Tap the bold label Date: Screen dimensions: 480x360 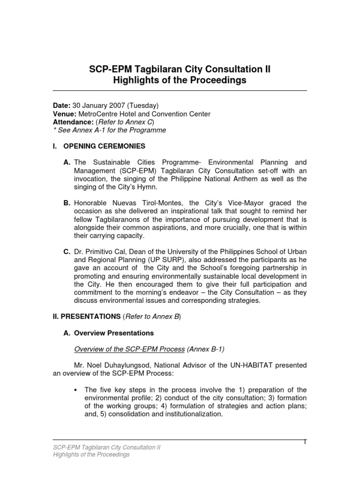pos(61,106)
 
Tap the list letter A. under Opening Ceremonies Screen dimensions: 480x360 pos(67,163)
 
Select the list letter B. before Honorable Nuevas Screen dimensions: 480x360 pos(67,203)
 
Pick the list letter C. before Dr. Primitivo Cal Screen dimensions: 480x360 pos(67,252)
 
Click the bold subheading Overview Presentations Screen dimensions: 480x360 pos(114,333)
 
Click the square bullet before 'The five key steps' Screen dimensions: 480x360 pos(75,390)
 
